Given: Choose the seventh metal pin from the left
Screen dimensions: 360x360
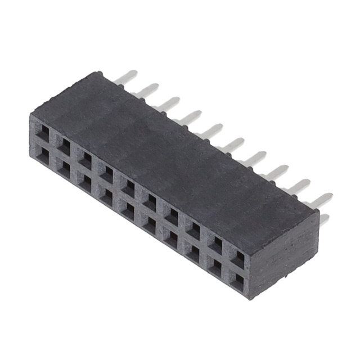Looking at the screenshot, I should pyautogui.click(x=255, y=158).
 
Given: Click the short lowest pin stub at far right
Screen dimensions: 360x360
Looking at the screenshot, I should pyautogui.click(x=325, y=219).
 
